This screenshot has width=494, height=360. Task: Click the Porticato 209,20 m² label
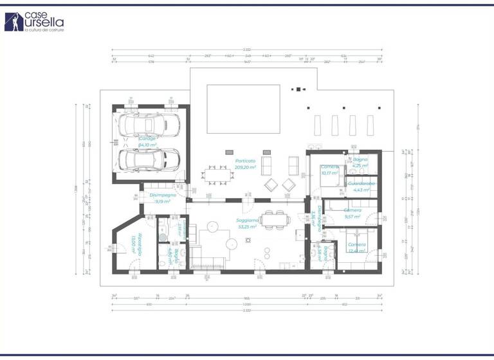coord(246,164)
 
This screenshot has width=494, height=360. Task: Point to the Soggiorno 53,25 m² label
coord(247,223)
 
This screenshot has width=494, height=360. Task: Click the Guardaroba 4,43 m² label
coord(361,186)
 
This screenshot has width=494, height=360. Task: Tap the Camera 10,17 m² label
coord(330,170)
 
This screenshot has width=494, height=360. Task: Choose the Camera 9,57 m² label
coord(352,213)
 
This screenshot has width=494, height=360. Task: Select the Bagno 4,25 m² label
coord(360,162)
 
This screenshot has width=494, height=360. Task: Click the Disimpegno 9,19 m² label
coord(163,198)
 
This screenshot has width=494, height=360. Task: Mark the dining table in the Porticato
coord(216,174)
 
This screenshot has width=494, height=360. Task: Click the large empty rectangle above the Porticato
coord(243,108)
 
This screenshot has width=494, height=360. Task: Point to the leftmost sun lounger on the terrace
coord(316,125)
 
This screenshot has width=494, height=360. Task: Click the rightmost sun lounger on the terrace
coord(370,125)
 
